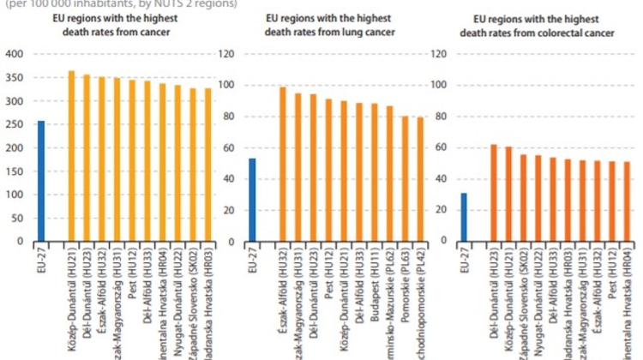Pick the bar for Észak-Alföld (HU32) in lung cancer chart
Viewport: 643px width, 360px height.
pyautogui.click(x=283, y=164)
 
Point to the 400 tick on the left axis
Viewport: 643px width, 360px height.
pyautogui.click(x=15, y=54)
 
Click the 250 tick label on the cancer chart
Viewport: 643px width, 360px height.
pyautogui.click(x=15, y=124)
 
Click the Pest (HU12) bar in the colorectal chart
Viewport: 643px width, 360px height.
pyautogui.click(x=610, y=201)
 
